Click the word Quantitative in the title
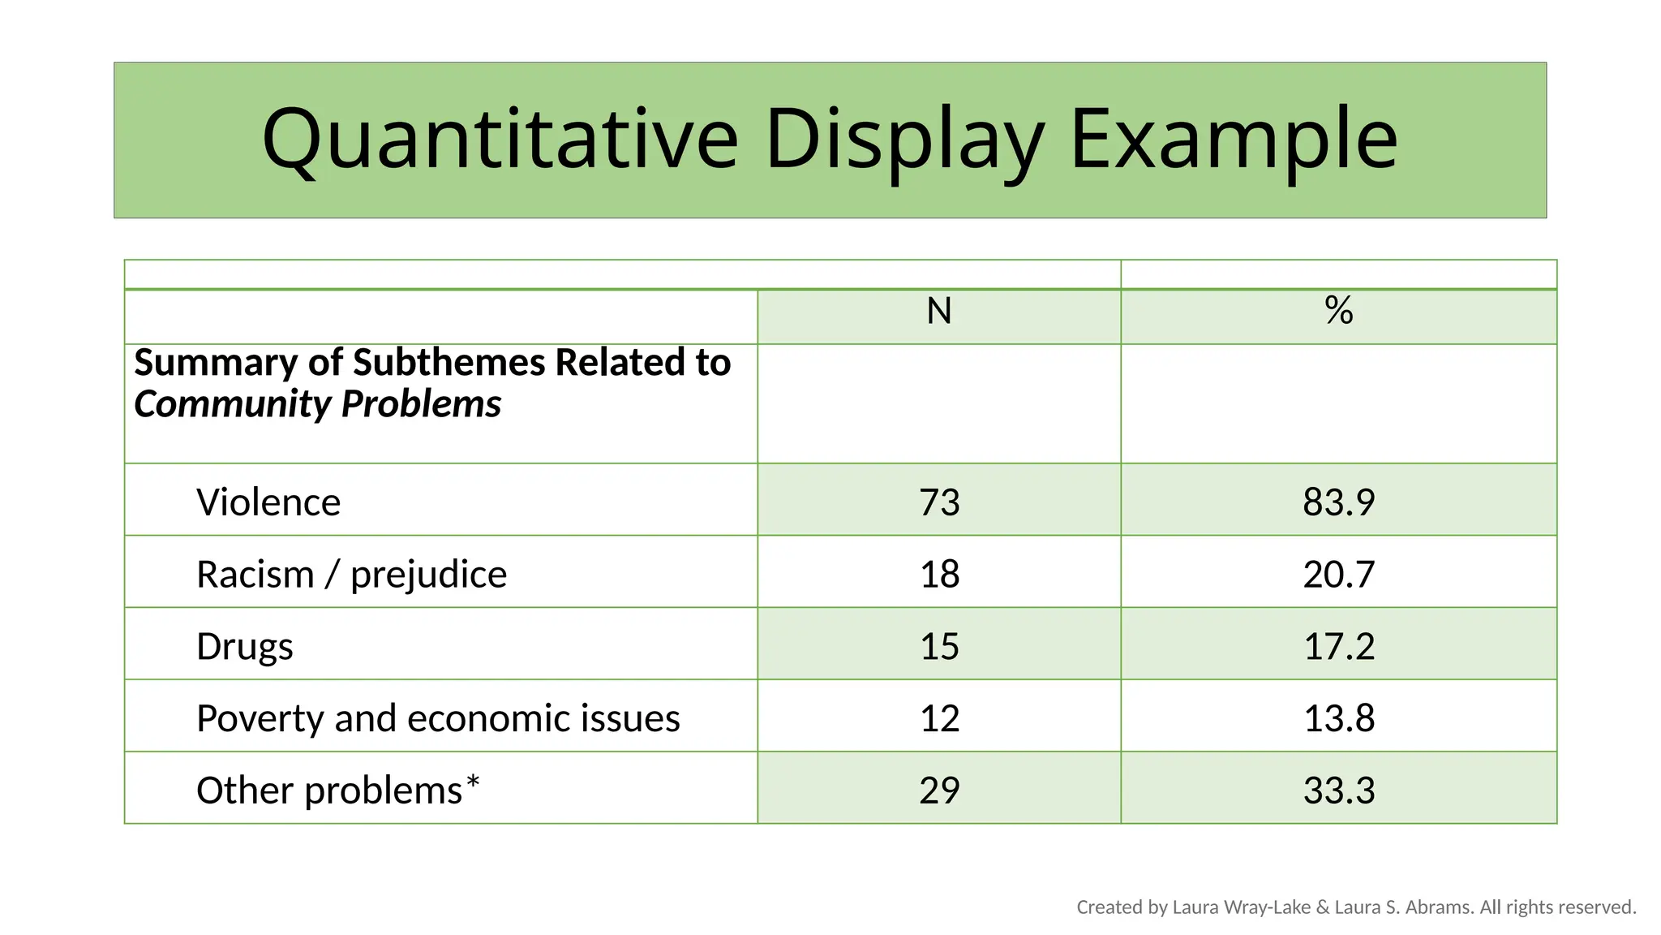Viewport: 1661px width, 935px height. (500, 140)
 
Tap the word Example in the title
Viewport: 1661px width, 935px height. (1234, 140)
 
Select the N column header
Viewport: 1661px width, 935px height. (939, 312)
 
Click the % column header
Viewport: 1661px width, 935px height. (1339, 311)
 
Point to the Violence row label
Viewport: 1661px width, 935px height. (268, 502)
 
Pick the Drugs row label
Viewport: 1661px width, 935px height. (245, 647)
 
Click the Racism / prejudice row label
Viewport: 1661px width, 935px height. (351, 575)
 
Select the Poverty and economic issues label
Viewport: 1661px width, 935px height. (438, 718)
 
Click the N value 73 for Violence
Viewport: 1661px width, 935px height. (939, 502)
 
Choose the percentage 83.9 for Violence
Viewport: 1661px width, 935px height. (1339, 502)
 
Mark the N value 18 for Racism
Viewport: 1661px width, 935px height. (939, 575)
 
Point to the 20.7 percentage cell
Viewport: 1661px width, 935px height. (1339, 575)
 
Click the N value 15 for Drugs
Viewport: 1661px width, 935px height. (939, 647)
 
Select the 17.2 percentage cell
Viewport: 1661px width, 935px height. (1339, 647)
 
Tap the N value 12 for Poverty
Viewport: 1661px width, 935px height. (939, 718)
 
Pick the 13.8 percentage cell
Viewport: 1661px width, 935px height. (1339, 718)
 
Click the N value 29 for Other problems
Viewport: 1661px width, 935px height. (939, 791)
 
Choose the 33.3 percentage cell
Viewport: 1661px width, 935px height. (1339, 791)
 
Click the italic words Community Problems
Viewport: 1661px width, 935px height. (317, 404)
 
